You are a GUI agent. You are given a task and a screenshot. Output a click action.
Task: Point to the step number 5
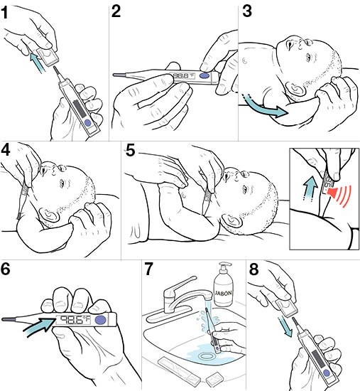(x=130, y=151)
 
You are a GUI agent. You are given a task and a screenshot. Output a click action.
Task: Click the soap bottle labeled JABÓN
(x=224, y=294)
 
